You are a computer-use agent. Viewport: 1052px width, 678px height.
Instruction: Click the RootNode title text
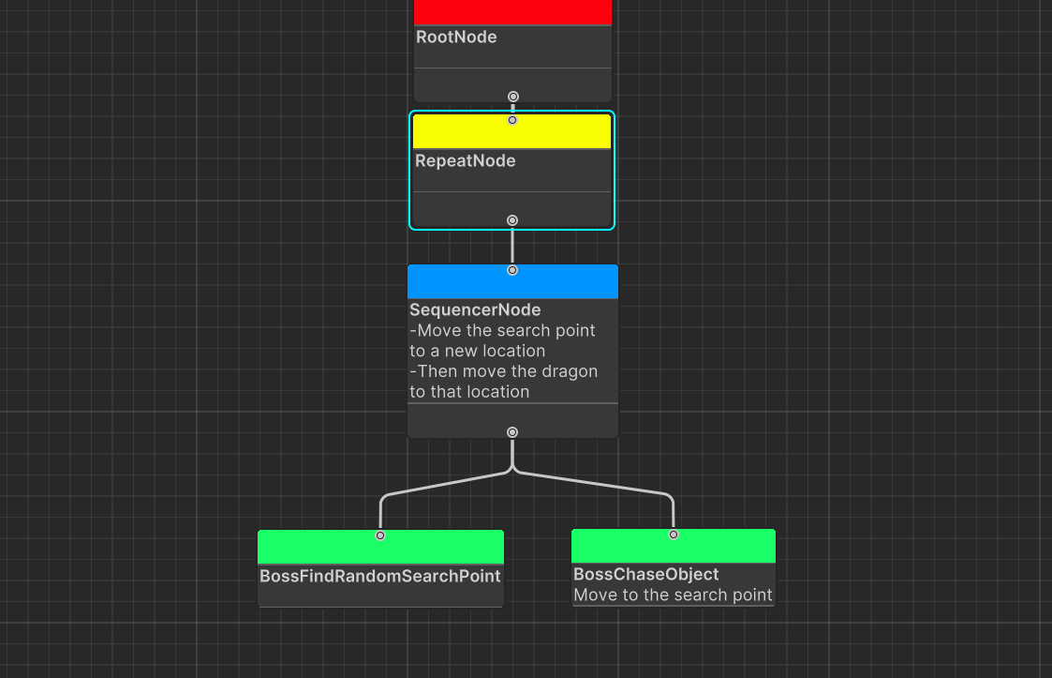(x=456, y=38)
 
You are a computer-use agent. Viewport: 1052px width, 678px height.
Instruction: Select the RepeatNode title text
(x=466, y=161)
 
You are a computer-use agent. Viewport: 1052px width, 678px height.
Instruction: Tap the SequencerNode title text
(x=475, y=309)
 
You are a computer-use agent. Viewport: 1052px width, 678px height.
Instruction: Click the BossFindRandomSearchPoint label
(x=380, y=576)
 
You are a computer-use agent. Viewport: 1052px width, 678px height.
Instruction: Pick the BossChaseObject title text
(x=646, y=574)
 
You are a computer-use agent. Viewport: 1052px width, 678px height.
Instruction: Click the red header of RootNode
(x=512, y=11)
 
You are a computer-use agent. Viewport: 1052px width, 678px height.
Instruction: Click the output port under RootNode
(x=513, y=97)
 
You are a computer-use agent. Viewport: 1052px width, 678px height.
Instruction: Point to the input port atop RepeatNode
(x=512, y=120)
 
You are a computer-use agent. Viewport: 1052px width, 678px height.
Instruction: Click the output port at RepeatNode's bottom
(x=512, y=220)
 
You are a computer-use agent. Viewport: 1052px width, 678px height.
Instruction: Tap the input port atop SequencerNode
(x=512, y=270)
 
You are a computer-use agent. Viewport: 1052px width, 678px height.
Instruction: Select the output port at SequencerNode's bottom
(x=512, y=432)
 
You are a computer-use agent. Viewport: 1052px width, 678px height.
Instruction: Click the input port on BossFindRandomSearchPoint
(x=380, y=535)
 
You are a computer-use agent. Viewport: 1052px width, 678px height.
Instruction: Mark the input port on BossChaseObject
(x=674, y=535)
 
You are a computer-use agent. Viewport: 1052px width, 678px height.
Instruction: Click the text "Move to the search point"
(x=673, y=595)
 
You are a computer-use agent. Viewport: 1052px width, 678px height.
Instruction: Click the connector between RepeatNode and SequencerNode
(x=512, y=246)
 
